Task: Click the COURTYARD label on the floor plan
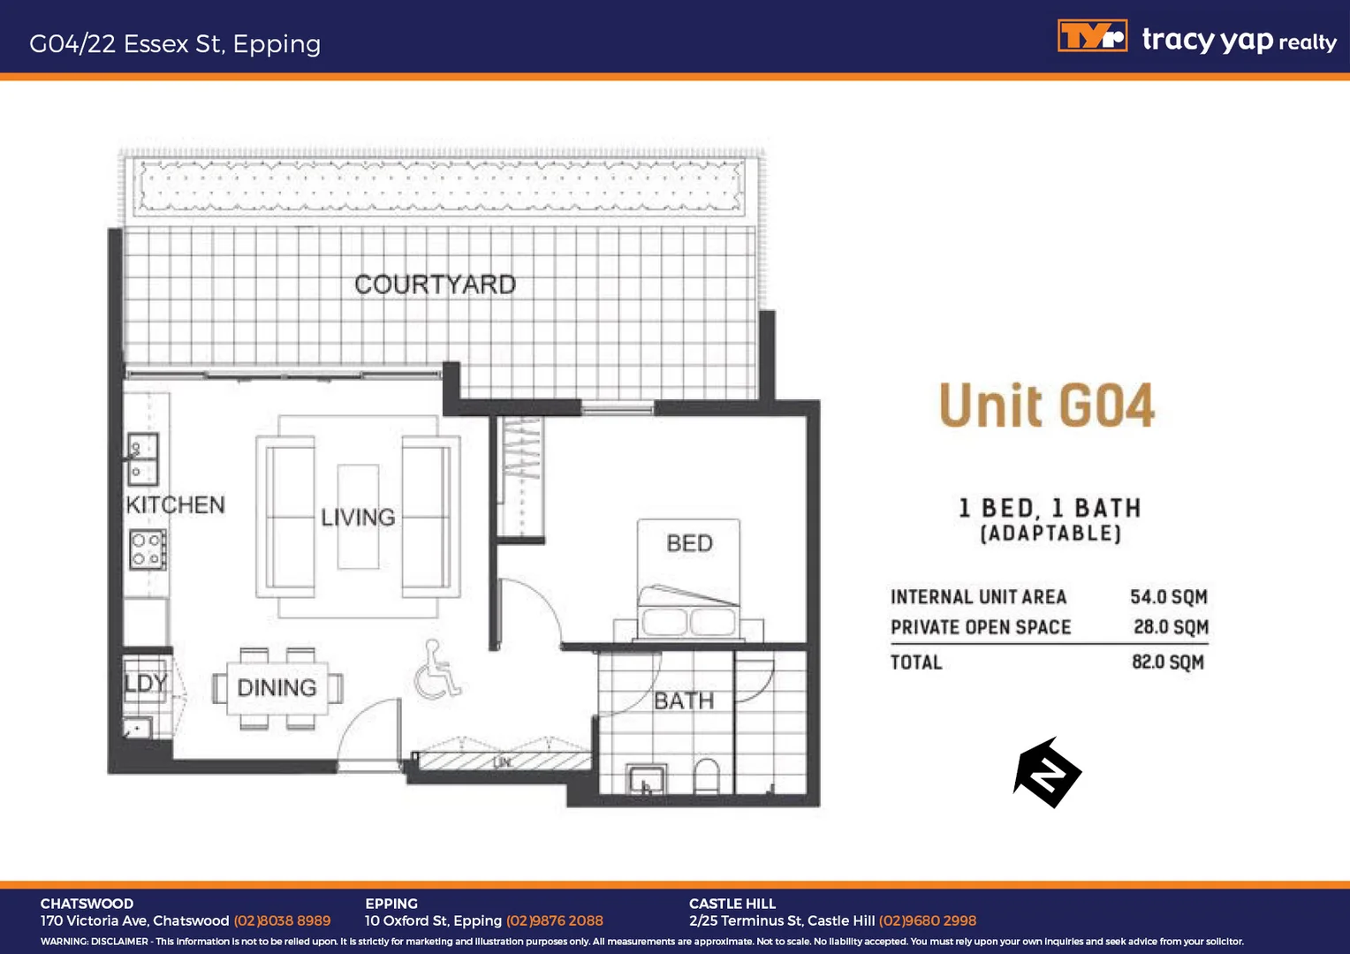pos(435,284)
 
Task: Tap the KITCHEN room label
pos(175,505)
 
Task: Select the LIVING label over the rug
pos(358,518)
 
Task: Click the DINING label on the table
pos(277,687)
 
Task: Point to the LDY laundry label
pos(145,683)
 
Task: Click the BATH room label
pos(684,700)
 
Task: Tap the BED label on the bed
pos(689,543)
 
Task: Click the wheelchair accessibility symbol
pos(436,670)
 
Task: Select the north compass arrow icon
pos(1047,774)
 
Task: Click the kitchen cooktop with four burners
pos(147,549)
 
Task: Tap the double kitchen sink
pos(142,459)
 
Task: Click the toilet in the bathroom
pos(707,776)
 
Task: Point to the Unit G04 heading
pos(1047,406)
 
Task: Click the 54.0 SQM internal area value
pos(1168,597)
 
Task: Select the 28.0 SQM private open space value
pos(1171,627)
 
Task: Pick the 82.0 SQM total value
pos(1168,662)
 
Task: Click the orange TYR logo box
pos(1092,37)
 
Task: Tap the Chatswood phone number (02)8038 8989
pos(282,920)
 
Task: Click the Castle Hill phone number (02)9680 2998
pos(927,920)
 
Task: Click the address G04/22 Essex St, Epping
pos(175,44)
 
